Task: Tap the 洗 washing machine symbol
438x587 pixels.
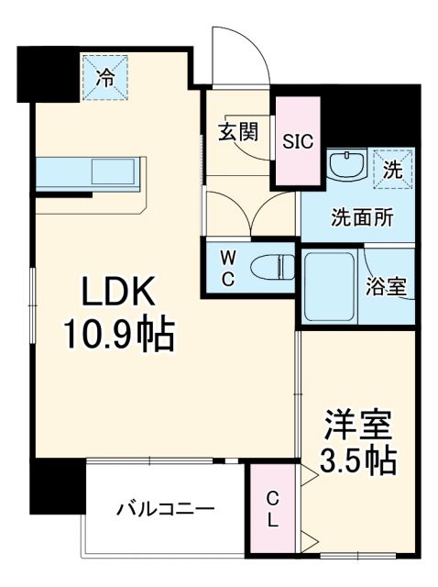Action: [391, 168]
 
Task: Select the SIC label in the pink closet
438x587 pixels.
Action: [297, 141]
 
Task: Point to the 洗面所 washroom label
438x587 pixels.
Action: [363, 218]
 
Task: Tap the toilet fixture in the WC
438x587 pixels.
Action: [272, 266]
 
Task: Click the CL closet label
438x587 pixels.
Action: [273, 510]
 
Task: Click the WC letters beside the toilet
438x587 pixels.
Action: [226, 267]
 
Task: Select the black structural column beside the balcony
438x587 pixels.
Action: [53, 486]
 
